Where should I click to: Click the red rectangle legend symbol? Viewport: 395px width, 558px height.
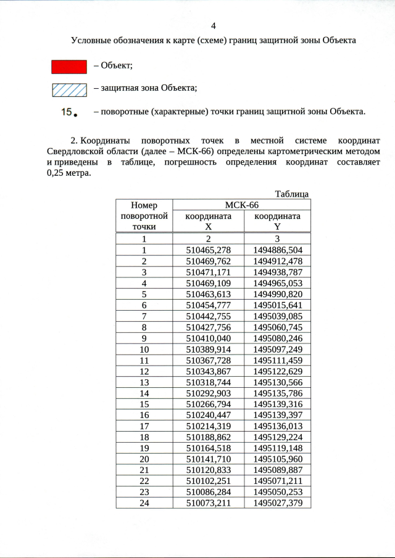[69, 66]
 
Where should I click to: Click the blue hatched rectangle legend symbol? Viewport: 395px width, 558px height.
[69, 89]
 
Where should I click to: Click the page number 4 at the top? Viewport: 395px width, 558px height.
[214, 25]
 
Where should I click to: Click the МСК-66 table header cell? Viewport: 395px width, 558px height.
[241, 205]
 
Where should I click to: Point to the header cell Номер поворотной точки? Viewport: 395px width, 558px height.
[144, 216]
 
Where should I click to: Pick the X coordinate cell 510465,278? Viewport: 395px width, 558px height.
[209, 250]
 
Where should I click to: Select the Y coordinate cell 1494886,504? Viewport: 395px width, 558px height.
[278, 250]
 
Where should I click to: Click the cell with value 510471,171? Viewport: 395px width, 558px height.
[209, 272]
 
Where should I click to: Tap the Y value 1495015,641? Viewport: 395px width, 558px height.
[278, 305]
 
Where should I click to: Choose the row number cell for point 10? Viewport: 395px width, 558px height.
[144, 349]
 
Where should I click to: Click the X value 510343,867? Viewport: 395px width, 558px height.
[209, 371]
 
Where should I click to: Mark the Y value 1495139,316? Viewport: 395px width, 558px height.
[278, 404]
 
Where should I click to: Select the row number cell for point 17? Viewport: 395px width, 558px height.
[144, 426]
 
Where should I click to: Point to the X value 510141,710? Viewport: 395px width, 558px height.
[209, 459]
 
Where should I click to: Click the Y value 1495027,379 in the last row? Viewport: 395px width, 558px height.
[278, 503]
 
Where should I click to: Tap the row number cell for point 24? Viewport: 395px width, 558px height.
[144, 503]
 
